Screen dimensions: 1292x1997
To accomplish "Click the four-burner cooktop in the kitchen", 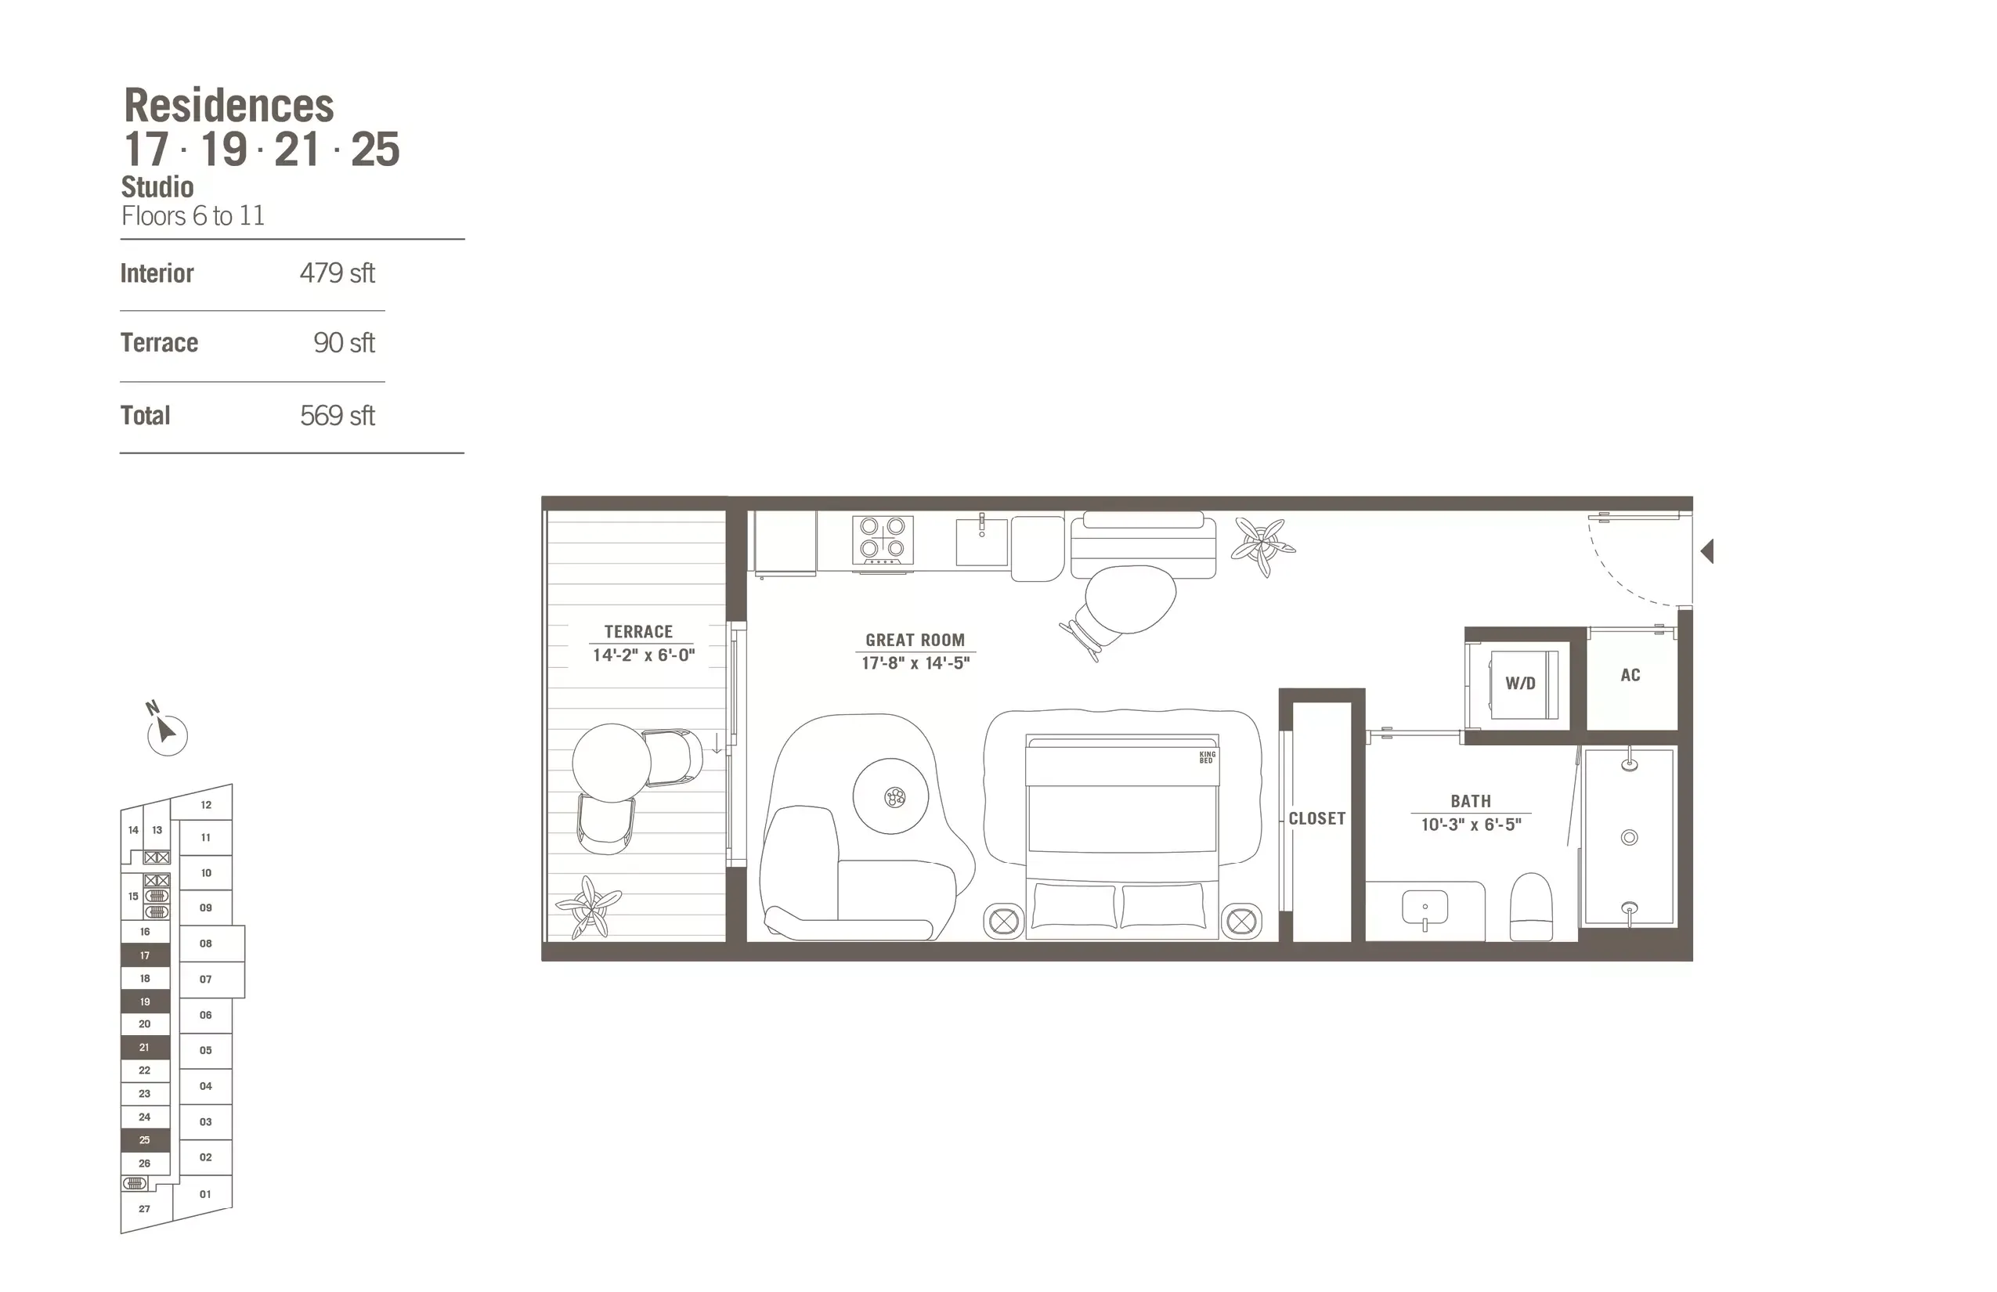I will click(883, 539).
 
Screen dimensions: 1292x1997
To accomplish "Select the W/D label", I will click(1519, 684).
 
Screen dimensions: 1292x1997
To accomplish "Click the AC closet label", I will click(1630, 675).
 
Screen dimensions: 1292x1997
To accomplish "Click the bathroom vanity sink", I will click(1425, 908).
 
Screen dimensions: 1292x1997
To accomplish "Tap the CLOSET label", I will click(1316, 819).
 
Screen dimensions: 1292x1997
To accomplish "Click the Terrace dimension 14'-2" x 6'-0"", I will click(644, 655).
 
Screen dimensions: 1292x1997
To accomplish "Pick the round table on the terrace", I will click(612, 763).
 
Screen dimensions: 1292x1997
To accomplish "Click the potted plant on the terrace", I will click(589, 907).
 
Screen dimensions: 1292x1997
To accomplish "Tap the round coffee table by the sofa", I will click(891, 796).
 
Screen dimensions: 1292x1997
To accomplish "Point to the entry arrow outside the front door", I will click(1706, 551).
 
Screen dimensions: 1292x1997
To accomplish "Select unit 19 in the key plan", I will click(145, 1001).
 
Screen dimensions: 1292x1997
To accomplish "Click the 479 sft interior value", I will click(337, 273).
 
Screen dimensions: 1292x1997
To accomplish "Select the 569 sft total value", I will click(337, 416).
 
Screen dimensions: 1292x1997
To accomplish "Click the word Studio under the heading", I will click(157, 187).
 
